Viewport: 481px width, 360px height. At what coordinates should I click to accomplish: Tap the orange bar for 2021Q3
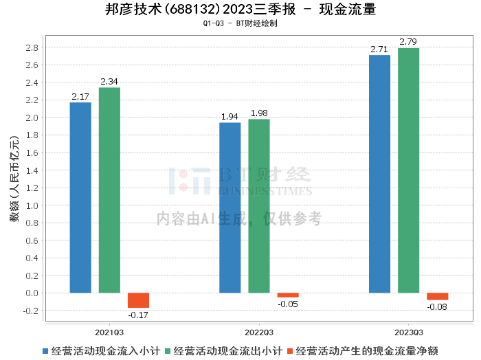(138, 300)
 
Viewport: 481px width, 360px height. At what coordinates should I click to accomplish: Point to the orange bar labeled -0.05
(288, 295)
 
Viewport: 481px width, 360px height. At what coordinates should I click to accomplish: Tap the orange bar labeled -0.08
(437, 296)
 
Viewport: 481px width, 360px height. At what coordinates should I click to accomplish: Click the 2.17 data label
(80, 96)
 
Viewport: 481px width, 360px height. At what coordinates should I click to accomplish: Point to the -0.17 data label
(138, 315)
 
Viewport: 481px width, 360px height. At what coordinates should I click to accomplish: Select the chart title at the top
(240, 10)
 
